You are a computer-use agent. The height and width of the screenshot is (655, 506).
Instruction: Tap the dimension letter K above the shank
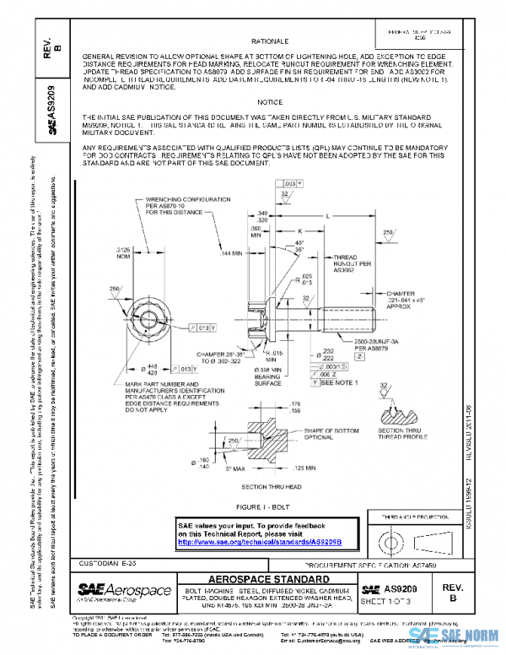[x=300, y=230]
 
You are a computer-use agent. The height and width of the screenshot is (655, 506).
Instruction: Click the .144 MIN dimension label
[x=234, y=253]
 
